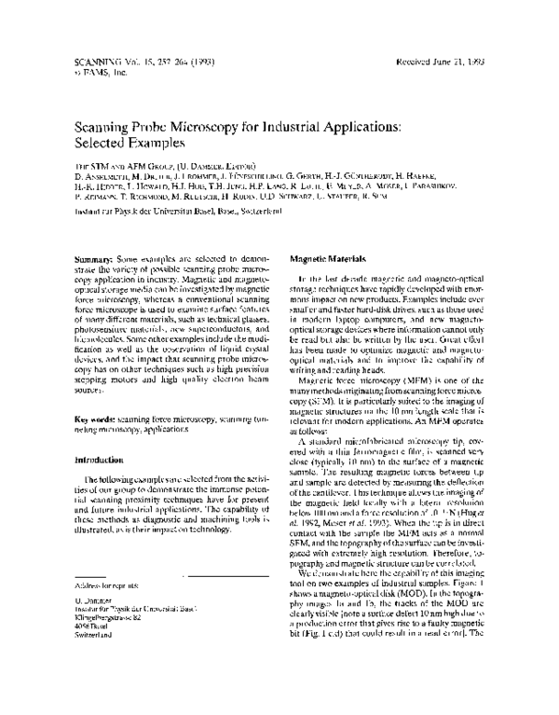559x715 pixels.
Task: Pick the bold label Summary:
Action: pyautogui.click(x=95, y=254)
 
